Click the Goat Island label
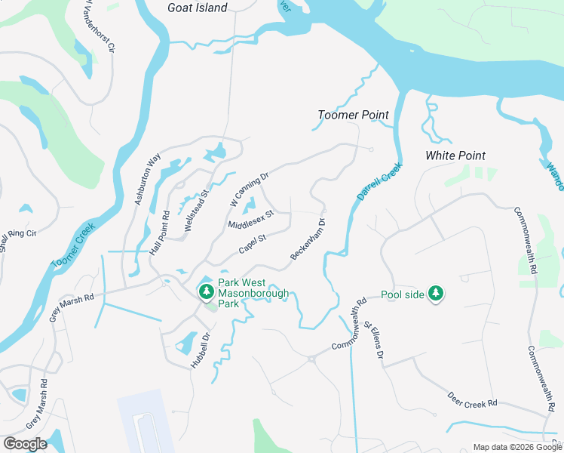tap(197, 8)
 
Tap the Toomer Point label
tap(353, 115)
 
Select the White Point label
tap(455, 156)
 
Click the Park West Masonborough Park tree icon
tap(205, 291)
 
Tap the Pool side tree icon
tap(436, 293)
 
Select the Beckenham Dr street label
tap(308, 240)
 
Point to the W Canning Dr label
tap(249, 190)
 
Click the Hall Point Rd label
tap(159, 233)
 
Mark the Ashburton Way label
tap(148, 179)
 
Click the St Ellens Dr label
tap(374, 340)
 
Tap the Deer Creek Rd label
tap(472, 398)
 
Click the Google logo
tap(25, 444)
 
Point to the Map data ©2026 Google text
tap(517, 447)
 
